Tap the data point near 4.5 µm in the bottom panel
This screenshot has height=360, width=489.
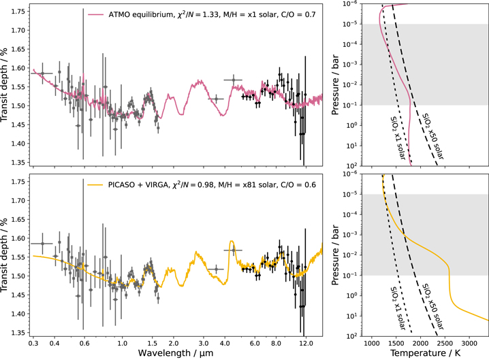tap(234, 250)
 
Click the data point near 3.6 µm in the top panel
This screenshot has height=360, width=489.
tap(217, 99)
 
